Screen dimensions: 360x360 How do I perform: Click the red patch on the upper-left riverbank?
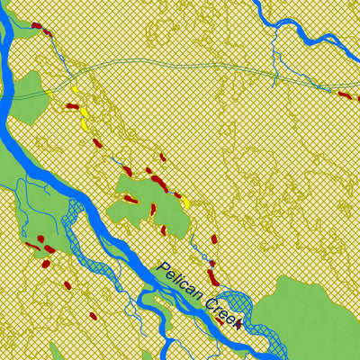coord(38,27)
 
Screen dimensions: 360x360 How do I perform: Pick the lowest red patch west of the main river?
coord(92,316)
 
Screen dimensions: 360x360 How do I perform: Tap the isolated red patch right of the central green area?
coord(214,239)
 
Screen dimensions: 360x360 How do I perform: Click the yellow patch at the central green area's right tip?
coord(184,203)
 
